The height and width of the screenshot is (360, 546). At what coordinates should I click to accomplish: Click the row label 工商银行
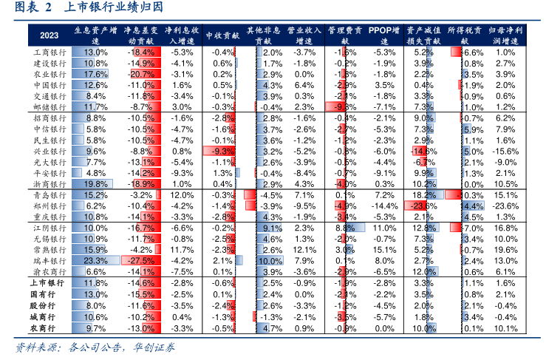50,52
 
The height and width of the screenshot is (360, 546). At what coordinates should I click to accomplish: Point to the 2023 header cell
50,35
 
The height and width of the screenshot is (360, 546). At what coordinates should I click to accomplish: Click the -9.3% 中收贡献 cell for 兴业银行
222,151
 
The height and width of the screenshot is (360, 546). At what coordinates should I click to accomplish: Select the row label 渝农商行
50,272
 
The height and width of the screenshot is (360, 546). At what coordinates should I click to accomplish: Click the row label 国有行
50,294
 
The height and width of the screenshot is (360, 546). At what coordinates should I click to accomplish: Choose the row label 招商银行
50,118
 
